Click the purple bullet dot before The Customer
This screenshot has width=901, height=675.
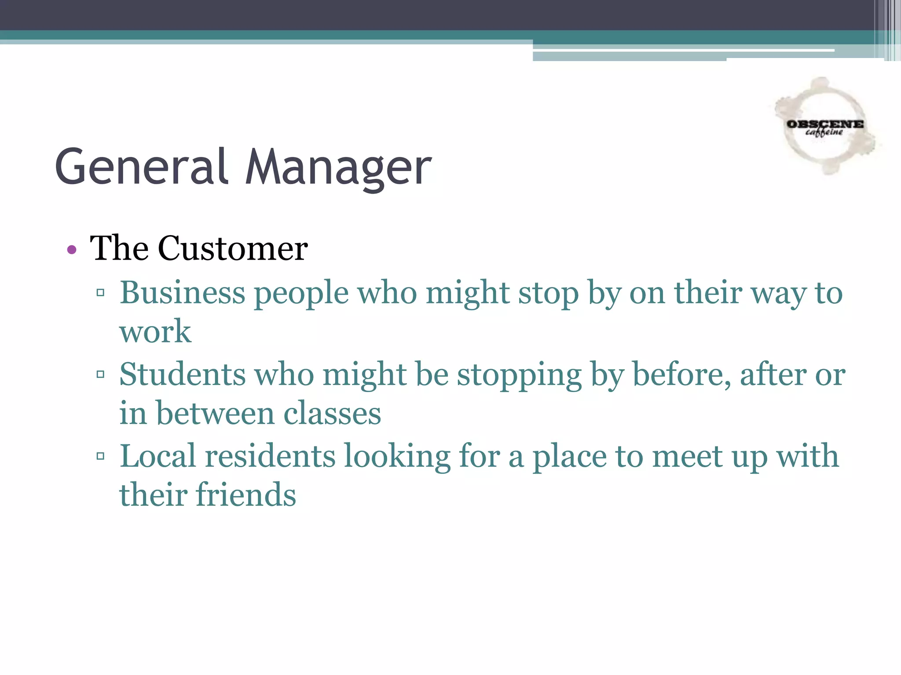[x=72, y=250]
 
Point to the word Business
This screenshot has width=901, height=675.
[x=182, y=293]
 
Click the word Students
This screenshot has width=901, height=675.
[x=182, y=375]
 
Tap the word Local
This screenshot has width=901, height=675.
[x=157, y=456]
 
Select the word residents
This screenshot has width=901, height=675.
[x=270, y=456]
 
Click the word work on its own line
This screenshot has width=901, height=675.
[x=155, y=332]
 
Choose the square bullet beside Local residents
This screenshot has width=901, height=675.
[x=100, y=456]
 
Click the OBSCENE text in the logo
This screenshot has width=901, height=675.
[x=825, y=124]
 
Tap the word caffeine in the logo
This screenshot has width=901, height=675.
[x=824, y=133]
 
